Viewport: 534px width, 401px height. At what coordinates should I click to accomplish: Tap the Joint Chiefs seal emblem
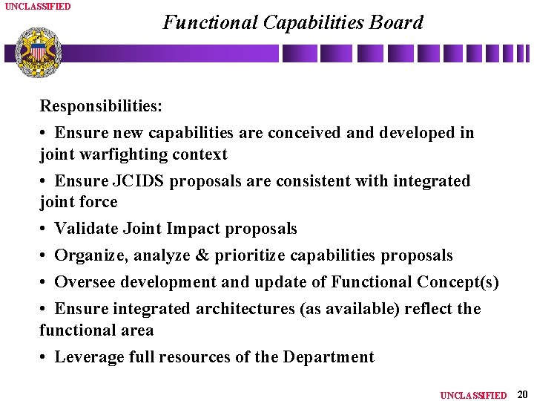pyautogui.click(x=38, y=51)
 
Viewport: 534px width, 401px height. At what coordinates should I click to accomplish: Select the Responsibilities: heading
pyautogui.click(x=101, y=106)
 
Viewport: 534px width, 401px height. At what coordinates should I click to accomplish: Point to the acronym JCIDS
pyautogui.click(x=139, y=181)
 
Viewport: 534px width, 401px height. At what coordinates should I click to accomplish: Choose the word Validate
pyautogui.click(x=86, y=229)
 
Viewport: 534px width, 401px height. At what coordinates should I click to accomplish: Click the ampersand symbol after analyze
pyautogui.click(x=202, y=255)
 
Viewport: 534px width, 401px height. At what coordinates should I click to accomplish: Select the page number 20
pyautogui.click(x=521, y=394)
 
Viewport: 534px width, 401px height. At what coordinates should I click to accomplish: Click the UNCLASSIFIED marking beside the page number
pyautogui.click(x=473, y=395)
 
